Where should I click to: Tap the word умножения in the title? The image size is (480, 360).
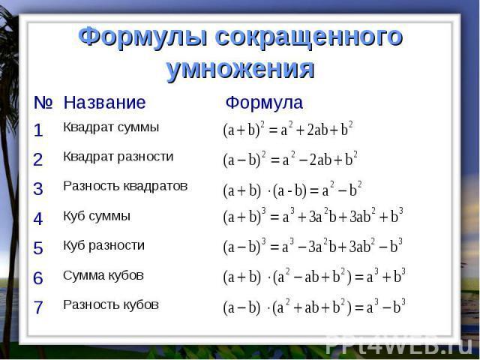click(x=240, y=69)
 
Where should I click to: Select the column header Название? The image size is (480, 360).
click(x=104, y=102)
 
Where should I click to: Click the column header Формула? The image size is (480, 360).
click(x=264, y=102)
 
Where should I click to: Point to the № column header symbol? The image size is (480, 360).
click(x=43, y=102)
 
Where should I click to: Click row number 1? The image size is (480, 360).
click(x=38, y=130)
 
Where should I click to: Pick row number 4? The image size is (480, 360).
click(x=38, y=218)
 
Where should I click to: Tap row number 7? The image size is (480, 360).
click(x=38, y=307)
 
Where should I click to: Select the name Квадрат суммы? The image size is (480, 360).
click(x=111, y=127)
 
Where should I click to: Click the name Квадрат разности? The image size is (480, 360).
click(x=118, y=157)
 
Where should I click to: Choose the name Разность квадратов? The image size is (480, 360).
click(x=125, y=186)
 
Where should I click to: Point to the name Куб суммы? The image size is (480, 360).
click(x=97, y=216)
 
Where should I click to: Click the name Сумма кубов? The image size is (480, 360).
click(x=103, y=275)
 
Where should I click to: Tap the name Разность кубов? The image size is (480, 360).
click(x=111, y=304)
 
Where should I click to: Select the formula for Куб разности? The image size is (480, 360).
click(x=313, y=247)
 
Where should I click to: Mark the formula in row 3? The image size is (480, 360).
click(x=292, y=190)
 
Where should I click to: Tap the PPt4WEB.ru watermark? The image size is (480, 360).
click(x=399, y=345)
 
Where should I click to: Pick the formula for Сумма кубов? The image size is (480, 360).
click(x=314, y=277)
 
